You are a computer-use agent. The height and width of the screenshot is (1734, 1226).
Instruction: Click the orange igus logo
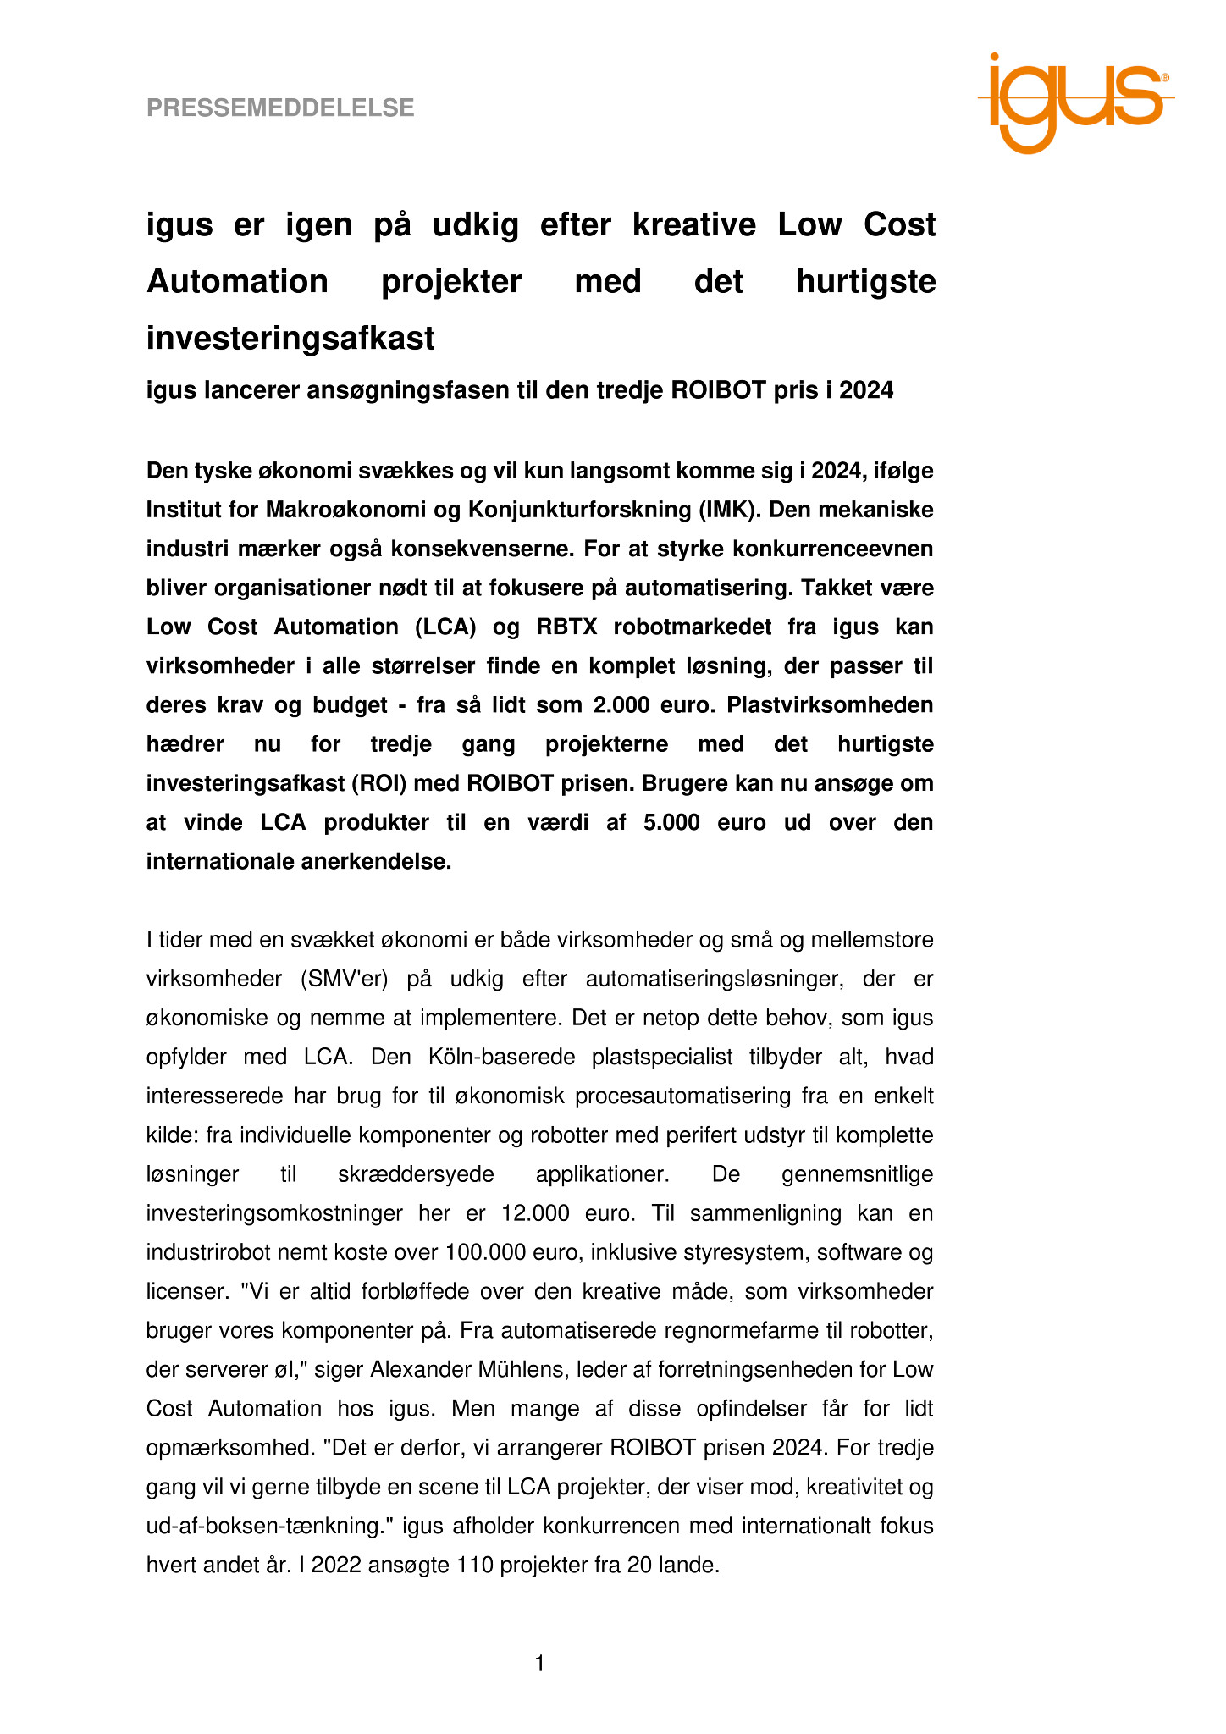[x=1074, y=102]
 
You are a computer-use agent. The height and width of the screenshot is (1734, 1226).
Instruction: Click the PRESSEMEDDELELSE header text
[x=280, y=108]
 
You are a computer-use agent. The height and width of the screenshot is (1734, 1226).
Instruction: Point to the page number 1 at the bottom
[x=539, y=1665]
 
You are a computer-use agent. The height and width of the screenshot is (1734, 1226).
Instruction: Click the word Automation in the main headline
[x=237, y=281]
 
